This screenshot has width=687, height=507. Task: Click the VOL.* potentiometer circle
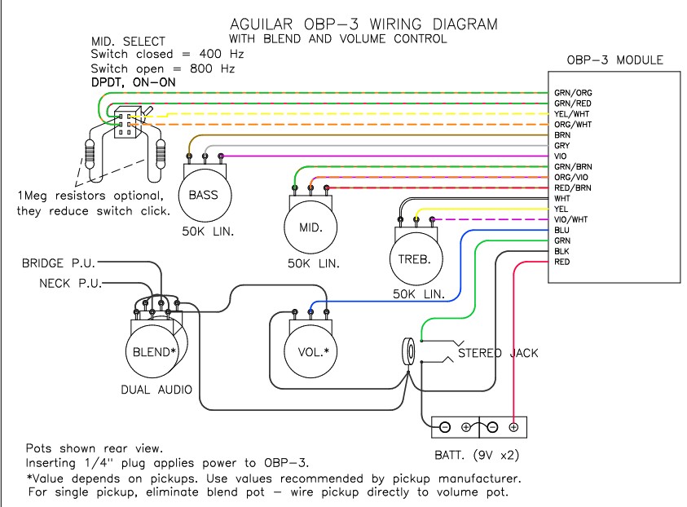coord(310,351)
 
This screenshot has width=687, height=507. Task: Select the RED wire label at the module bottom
coord(562,262)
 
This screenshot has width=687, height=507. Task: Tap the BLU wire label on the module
coord(561,230)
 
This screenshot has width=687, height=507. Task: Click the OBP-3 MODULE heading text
coord(614,60)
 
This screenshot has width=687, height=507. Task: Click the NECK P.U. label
coord(70,284)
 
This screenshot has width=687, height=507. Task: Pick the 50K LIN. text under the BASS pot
coord(203,232)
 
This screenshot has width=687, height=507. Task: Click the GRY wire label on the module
coord(561,145)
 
